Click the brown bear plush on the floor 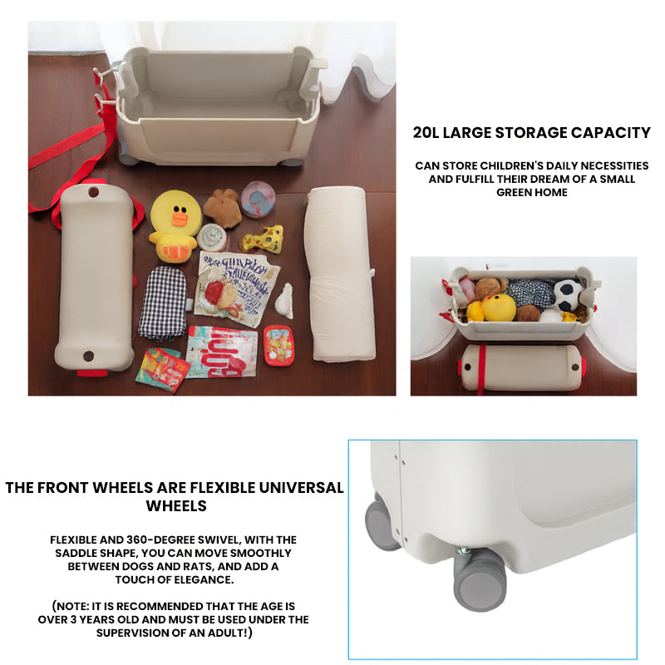click(223, 208)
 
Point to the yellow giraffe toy click(263, 239)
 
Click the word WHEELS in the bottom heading click(175, 505)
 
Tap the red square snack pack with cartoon click(277, 344)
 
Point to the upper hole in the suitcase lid click(93, 192)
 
